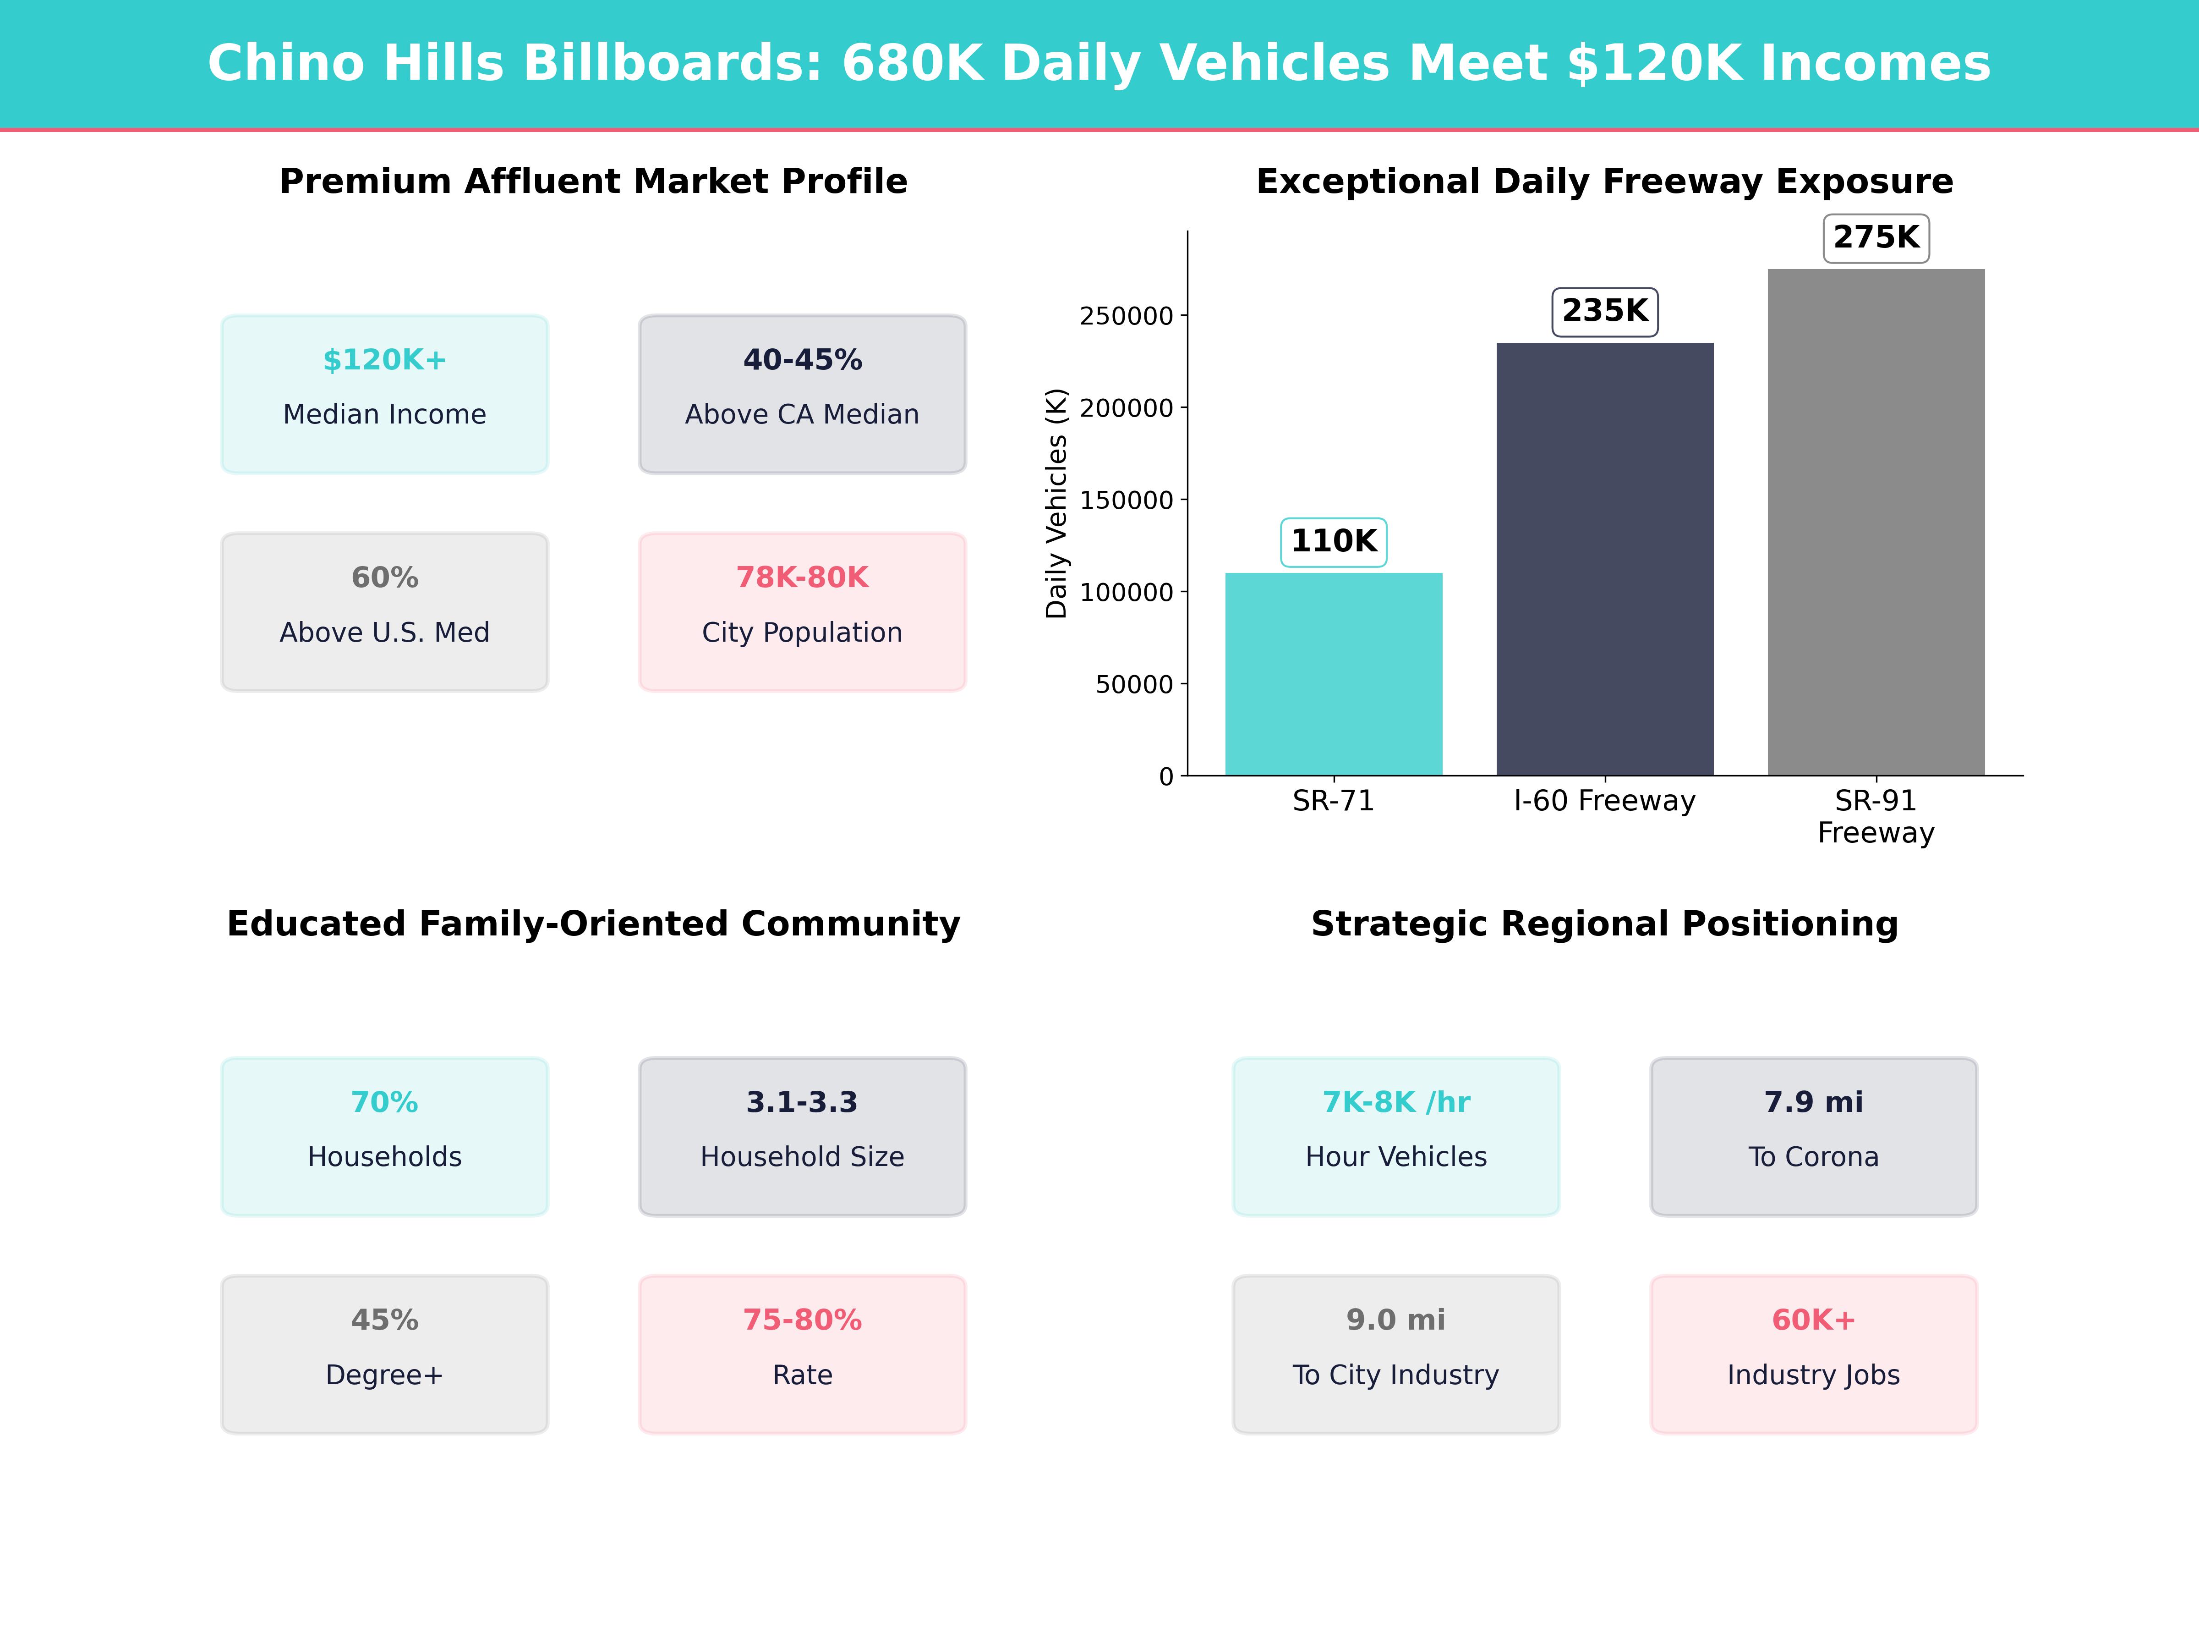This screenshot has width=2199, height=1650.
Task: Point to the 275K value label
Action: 1876,238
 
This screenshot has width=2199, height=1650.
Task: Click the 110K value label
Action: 1333,542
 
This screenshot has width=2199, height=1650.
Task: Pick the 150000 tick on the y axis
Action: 1127,500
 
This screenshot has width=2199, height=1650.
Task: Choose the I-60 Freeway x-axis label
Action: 1604,801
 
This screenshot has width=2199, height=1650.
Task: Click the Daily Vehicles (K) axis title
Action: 1056,503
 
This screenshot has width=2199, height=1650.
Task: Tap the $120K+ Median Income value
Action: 385,360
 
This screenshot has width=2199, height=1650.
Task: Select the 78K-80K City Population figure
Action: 802,578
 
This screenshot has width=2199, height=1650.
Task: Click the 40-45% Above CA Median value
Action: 802,360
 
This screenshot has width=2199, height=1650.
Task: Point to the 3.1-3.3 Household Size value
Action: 802,1102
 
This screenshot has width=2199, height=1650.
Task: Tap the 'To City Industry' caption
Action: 1396,1375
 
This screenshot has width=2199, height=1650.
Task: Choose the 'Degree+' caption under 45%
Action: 385,1375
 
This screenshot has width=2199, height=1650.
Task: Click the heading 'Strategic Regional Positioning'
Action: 1604,924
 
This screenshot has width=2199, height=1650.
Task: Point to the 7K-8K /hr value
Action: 1396,1102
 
